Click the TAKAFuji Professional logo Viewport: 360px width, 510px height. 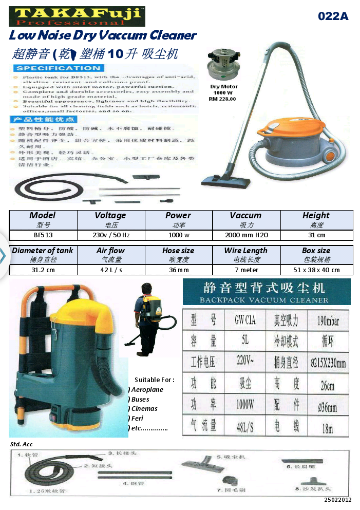77,16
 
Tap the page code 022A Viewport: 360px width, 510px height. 333,16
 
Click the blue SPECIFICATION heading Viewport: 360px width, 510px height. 58,68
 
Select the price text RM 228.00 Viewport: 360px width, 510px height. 222,99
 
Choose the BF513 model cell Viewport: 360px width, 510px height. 43,235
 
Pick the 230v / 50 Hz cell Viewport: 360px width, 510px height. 110,235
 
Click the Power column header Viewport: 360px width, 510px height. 178,216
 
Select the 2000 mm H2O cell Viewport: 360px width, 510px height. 247,235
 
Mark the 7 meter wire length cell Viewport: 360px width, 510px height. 247,270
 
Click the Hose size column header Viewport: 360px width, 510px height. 178,251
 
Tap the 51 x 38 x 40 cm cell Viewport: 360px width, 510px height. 316,270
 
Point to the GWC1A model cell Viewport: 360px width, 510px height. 241,322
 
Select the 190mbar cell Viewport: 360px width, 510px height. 327,322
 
